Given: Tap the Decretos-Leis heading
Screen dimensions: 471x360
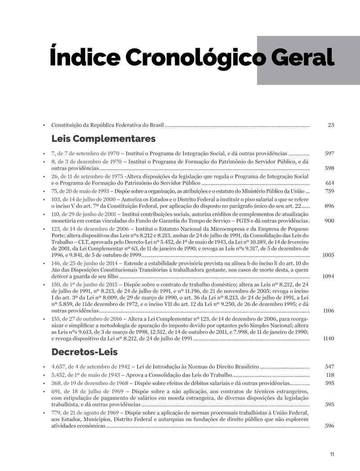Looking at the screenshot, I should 85,351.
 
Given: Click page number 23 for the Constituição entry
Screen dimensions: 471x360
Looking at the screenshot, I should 331,125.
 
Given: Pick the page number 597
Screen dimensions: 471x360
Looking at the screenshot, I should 329,153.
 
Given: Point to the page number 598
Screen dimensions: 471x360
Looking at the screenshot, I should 329,168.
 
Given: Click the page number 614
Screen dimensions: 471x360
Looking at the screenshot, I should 329,183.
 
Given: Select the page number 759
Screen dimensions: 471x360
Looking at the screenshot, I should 329,191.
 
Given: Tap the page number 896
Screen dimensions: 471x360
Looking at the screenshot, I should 329,206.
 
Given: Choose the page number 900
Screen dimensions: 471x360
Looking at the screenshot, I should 329,221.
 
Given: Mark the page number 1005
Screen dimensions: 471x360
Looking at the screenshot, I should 328,255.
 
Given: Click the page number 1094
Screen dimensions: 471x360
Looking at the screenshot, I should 328,276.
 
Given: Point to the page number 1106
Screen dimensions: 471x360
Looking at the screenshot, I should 328,311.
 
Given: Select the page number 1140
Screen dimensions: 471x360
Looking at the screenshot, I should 328,339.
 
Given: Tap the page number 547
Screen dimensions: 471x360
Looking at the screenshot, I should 329,367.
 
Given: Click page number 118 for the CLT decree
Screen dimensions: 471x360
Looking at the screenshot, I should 330,375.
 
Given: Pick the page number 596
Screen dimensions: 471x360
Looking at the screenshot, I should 329,426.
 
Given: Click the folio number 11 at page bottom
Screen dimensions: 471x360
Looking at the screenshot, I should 332,454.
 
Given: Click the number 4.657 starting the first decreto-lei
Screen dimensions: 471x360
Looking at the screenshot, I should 59,367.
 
